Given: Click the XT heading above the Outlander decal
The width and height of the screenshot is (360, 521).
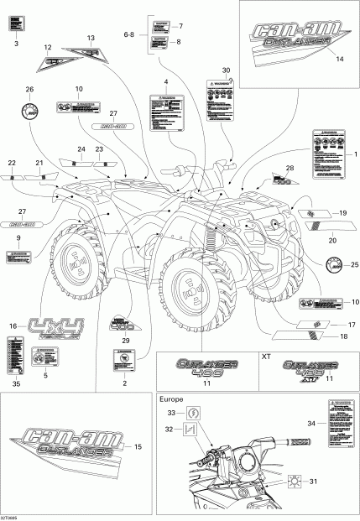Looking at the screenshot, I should pos(267,357).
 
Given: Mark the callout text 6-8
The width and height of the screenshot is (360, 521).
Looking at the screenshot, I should pos(128,34).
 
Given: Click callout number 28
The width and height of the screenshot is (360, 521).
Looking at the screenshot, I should pos(290,169).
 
